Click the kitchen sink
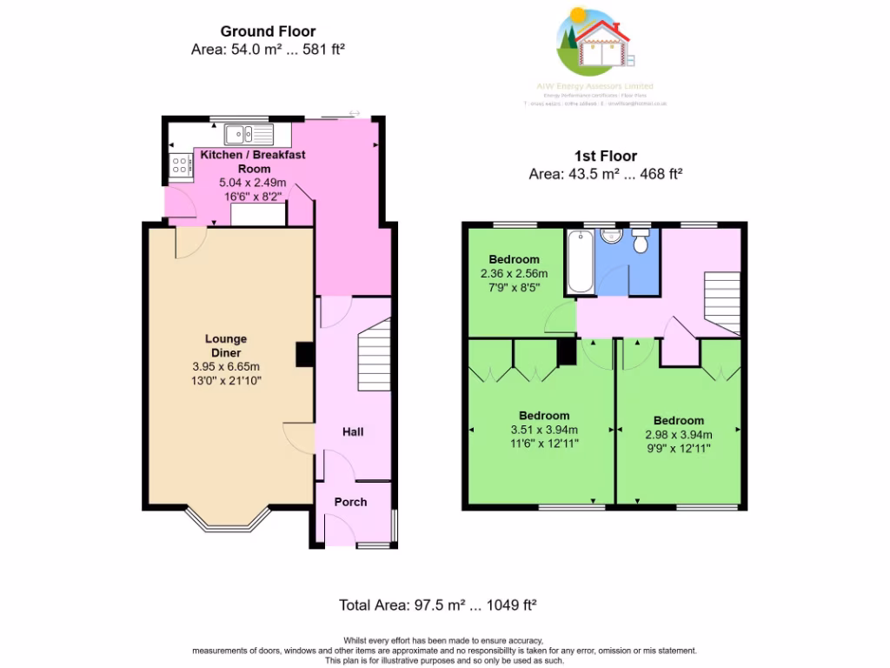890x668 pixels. coord(248,134)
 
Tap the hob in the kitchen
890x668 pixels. coord(182,164)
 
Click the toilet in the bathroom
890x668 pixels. coord(641,242)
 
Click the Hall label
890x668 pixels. coord(353,432)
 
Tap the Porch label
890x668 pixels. coord(351,502)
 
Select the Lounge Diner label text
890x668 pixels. coord(226,345)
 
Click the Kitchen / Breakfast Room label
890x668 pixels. coord(254,161)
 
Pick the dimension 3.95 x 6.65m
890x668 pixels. coord(226,366)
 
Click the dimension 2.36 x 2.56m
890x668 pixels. coord(514,273)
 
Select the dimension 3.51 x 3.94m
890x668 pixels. coord(545,430)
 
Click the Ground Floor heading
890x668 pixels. coord(268,32)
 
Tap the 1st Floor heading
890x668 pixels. coord(605,157)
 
